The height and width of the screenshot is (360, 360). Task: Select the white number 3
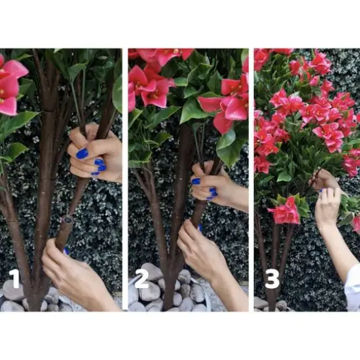271,279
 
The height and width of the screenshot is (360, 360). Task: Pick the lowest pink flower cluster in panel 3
285,212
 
